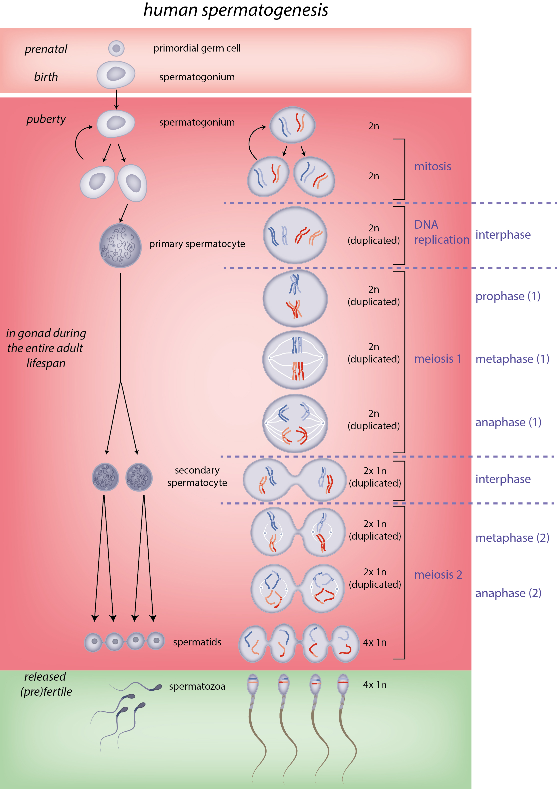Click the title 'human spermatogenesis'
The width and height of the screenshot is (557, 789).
click(236, 10)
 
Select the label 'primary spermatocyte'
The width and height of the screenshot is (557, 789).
click(197, 244)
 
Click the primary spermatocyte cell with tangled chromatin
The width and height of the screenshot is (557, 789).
click(120, 246)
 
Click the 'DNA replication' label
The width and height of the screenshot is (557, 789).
click(441, 232)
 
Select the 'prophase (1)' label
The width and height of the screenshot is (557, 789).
click(507, 296)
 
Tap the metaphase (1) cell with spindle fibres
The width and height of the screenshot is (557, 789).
click(295, 359)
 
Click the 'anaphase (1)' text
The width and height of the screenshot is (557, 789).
click(508, 422)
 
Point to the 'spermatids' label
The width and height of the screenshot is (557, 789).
click(197, 642)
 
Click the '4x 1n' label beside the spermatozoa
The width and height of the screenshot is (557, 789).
click(374, 685)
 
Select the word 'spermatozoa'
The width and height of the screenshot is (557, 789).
click(197, 687)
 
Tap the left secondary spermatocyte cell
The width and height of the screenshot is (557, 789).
click(106, 477)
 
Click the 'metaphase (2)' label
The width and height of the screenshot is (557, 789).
click(512, 538)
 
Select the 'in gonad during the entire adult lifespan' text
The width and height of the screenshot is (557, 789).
click(46, 348)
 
